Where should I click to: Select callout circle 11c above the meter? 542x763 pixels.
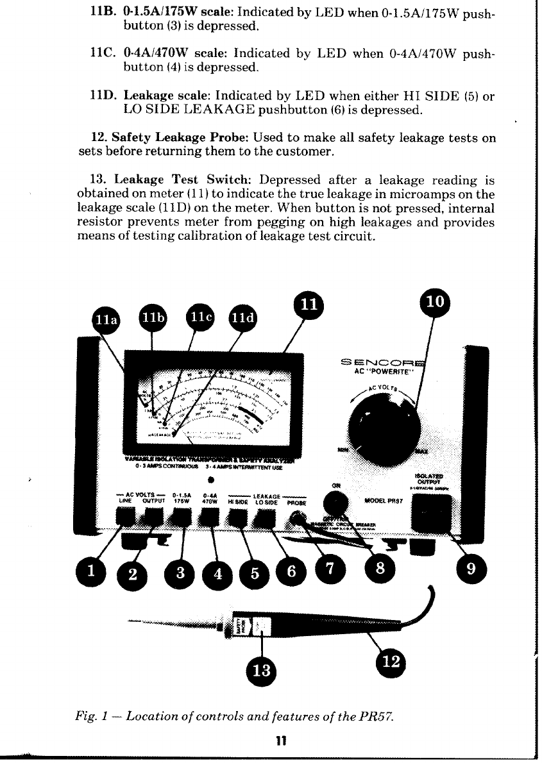coord(201,316)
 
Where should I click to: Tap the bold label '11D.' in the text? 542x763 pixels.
coord(105,96)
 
